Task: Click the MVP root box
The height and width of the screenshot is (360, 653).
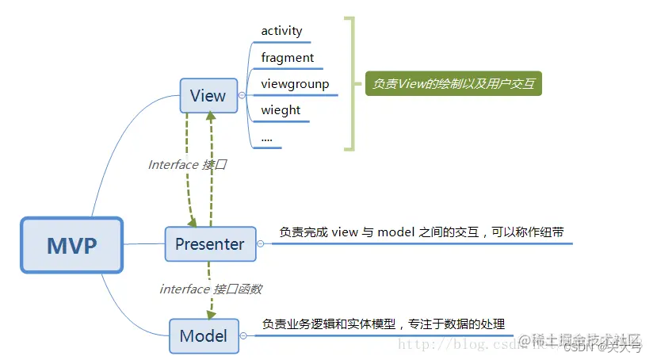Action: tap(72, 245)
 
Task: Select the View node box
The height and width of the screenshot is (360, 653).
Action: tap(208, 96)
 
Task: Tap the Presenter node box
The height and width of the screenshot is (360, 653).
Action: tap(210, 243)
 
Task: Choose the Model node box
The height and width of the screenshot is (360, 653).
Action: tap(204, 335)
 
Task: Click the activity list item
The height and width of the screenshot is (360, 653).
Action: tap(281, 31)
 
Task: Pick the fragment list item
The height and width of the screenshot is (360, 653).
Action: tap(287, 57)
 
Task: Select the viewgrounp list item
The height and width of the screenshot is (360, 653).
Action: tap(295, 83)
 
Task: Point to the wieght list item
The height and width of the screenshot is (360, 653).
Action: tap(281, 109)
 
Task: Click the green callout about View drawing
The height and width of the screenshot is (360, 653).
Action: tap(453, 83)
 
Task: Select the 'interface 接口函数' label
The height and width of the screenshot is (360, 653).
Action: tap(211, 289)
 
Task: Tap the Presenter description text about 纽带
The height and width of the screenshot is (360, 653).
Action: tap(421, 232)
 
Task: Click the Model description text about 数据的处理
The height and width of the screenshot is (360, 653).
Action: tap(383, 324)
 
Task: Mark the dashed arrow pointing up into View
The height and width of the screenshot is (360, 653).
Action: tap(211, 167)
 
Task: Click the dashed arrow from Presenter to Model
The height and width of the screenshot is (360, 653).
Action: tap(210, 301)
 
